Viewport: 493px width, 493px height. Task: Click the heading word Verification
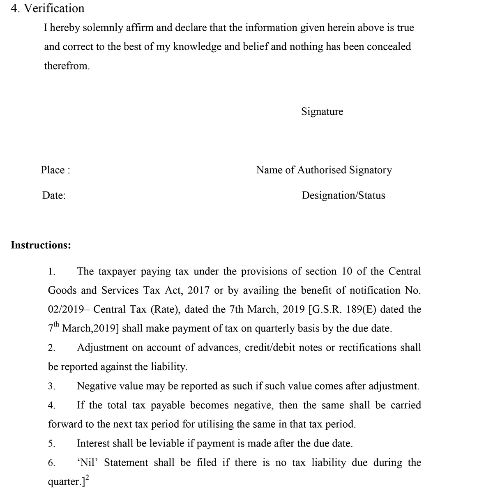pos(54,8)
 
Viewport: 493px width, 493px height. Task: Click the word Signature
pos(322,111)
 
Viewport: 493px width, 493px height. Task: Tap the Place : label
pos(55,170)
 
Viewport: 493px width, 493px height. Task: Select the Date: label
pos(54,196)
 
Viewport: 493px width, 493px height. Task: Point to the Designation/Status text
pos(343,196)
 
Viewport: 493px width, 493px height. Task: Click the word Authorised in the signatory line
pos(322,170)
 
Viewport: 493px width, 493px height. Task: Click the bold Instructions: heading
pos(41,245)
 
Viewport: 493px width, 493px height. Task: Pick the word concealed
pos(389,47)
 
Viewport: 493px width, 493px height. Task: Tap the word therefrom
pos(67,66)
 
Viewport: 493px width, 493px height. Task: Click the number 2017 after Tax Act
pos(198,290)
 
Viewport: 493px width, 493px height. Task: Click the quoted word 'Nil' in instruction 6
pos(86,463)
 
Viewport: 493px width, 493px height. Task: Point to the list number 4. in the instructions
pos(51,406)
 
